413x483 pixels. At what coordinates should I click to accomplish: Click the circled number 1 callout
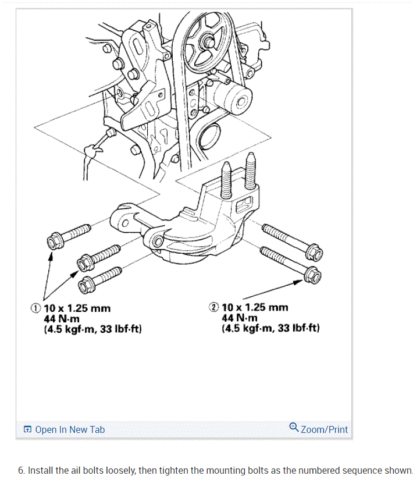tap(37, 308)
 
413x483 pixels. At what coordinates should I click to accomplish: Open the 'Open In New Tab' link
tap(70, 429)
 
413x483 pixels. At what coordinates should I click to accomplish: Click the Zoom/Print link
tap(324, 429)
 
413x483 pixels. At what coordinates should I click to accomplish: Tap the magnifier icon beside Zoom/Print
tap(294, 428)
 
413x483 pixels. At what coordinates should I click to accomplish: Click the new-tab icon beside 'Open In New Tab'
tap(28, 430)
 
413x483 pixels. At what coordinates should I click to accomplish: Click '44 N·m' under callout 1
tap(61, 319)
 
